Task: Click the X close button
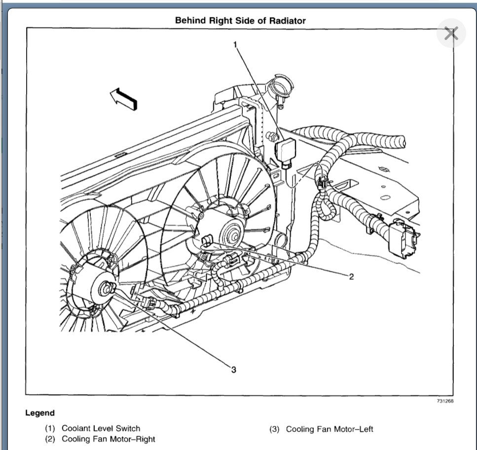tap(451, 34)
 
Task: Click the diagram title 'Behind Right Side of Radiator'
tap(240, 21)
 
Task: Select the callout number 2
tap(351, 277)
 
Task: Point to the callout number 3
tap(233, 370)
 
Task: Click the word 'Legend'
tap(40, 413)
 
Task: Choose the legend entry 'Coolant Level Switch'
tap(101, 428)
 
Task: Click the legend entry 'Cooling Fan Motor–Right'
tap(108, 439)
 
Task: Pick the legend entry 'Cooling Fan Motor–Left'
tap(330, 429)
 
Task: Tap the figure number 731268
tap(444, 401)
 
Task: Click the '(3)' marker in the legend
tap(274, 429)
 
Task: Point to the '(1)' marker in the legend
tap(50, 428)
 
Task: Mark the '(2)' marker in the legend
tap(50, 439)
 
